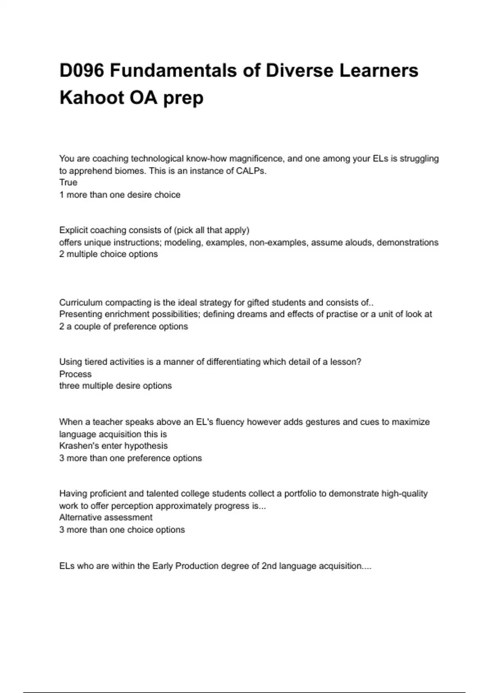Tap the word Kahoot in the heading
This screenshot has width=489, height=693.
click(x=92, y=98)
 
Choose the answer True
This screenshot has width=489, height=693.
click(x=68, y=182)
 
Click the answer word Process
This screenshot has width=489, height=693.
click(x=75, y=374)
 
